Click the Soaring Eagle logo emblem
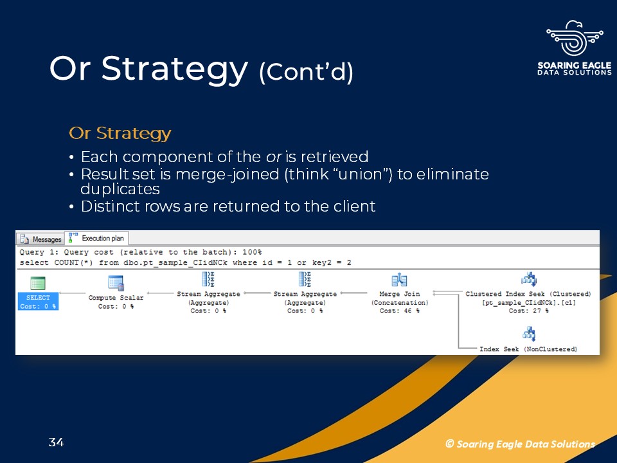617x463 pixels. (x=575, y=38)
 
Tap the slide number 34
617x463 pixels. (x=57, y=442)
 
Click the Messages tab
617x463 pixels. (x=41, y=239)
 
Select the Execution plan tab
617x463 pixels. (x=97, y=238)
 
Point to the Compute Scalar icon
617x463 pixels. (x=116, y=283)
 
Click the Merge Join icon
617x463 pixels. (x=399, y=280)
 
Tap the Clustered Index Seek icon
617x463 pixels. (x=529, y=279)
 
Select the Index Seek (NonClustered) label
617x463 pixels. (x=528, y=349)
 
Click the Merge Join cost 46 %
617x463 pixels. (x=399, y=311)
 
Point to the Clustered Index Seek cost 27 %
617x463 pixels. (x=528, y=311)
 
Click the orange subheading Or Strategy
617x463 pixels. (x=120, y=134)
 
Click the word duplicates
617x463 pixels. (x=120, y=189)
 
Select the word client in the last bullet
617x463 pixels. (x=355, y=206)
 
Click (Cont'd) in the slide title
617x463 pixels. (x=306, y=71)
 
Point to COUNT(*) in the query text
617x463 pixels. (x=73, y=262)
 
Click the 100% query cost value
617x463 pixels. (x=252, y=252)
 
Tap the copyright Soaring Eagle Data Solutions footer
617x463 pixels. (x=520, y=444)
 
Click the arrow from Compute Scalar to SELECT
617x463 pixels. (x=72, y=293)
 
